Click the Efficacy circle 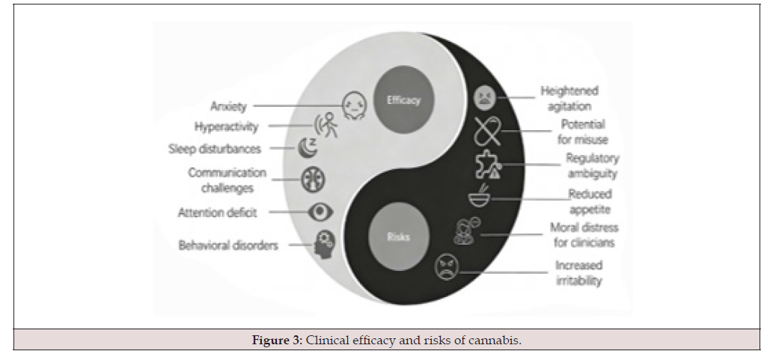coord(403,100)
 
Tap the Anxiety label coord(229,107)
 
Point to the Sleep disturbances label coord(216,149)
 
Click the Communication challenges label coord(227,180)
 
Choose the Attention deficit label coord(218,213)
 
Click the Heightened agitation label coord(569,99)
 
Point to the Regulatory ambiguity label coord(591,165)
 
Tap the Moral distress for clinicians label coord(584,234)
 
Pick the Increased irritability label coord(578,273)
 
